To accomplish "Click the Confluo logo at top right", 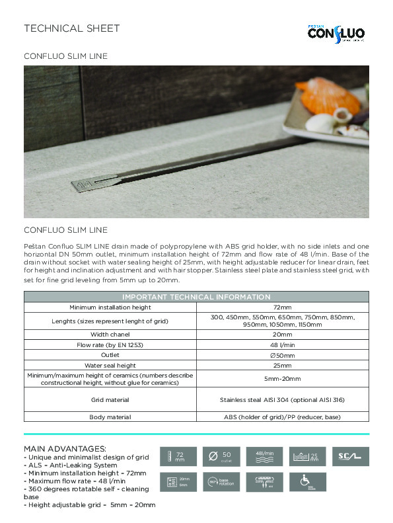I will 336,31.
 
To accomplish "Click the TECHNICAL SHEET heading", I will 72,28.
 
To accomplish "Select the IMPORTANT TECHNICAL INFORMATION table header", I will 196,297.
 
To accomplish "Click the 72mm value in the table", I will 282,307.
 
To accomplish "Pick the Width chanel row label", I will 110,335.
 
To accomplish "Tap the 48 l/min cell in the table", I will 282,344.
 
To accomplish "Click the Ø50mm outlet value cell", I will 282,355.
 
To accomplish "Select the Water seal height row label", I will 110,365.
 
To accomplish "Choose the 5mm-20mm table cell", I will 282,379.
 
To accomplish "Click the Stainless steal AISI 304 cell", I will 282,400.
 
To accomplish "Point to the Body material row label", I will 110,417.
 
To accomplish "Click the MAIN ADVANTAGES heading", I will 65,449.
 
